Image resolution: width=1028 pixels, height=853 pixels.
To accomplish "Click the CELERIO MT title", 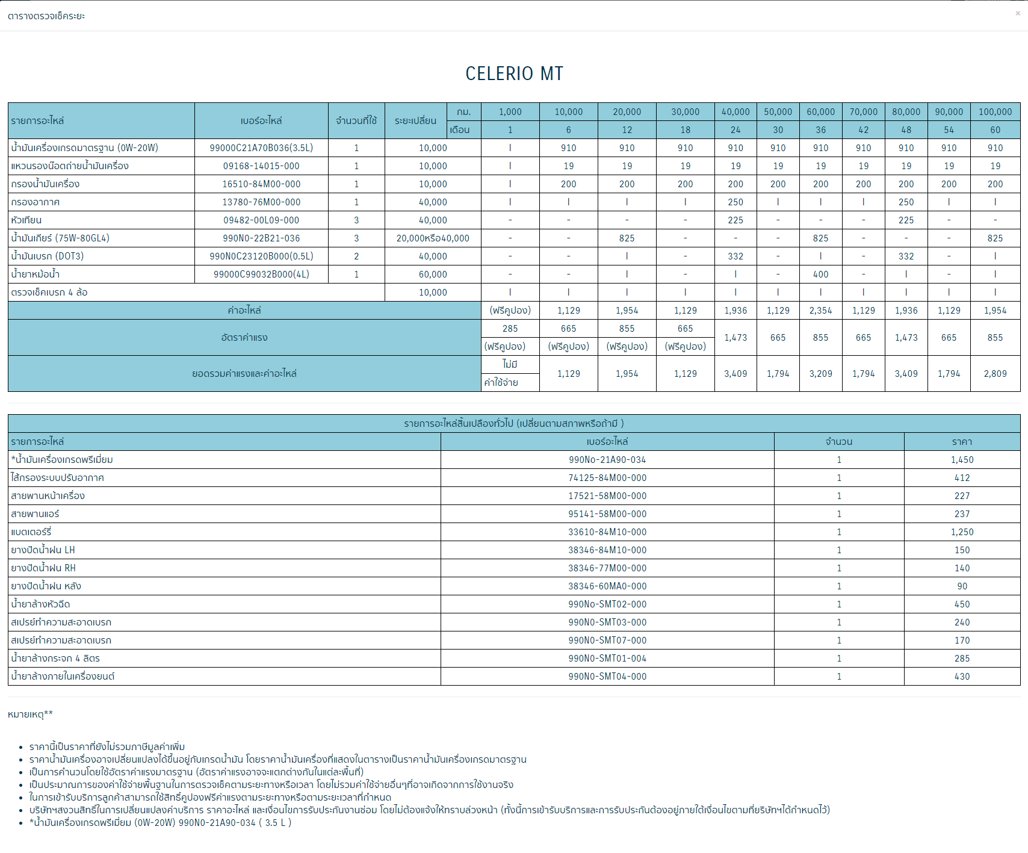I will pyautogui.click(x=514, y=73).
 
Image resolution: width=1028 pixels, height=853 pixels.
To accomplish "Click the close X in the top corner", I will pyautogui.click(x=1018, y=13).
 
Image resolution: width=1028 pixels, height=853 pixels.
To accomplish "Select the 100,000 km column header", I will pyautogui.click(x=995, y=112).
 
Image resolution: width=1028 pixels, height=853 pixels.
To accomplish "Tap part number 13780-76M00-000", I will pyautogui.click(x=261, y=202).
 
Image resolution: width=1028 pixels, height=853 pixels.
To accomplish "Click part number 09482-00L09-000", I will pyautogui.click(x=261, y=220).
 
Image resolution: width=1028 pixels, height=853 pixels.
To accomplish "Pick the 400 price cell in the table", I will pyautogui.click(x=820, y=275).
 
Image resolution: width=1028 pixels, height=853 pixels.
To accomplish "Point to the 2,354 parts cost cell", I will pyautogui.click(x=820, y=311).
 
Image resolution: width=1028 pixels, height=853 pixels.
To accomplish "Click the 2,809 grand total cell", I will pyautogui.click(x=995, y=374).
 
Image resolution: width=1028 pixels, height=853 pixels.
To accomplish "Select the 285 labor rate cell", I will pyautogui.click(x=510, y=329).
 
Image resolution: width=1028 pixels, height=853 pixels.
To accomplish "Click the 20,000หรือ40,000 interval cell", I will pyautogui.click(x=433, y=238).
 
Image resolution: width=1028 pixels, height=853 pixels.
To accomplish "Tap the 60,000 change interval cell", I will pyautogui.click(x=433, y=275).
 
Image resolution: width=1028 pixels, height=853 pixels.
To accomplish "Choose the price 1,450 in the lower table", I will pyautogui.click(x=962, y=460).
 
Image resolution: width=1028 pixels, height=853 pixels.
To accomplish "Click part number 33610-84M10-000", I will pyautogui.click(x=607, y=532).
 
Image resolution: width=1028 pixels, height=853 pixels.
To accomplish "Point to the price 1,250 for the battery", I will pyautogui.click(x=962, y=532).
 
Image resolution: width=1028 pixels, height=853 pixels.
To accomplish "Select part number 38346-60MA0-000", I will pyautogui.click(x=607, y=586).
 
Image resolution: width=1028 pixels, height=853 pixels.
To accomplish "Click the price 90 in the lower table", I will pyautogui.click(x=962, y=586).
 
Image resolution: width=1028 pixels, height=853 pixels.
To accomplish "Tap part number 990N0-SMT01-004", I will pyautogui.click(x=607, y=659).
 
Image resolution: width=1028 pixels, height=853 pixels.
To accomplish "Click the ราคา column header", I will pyautogui.click(x=962, y=442).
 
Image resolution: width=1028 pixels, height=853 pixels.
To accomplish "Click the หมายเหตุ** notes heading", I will pyautogui.click(x=30, y=715).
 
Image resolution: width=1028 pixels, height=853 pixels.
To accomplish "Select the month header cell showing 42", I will pyautogui.click(x=863, y=130).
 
